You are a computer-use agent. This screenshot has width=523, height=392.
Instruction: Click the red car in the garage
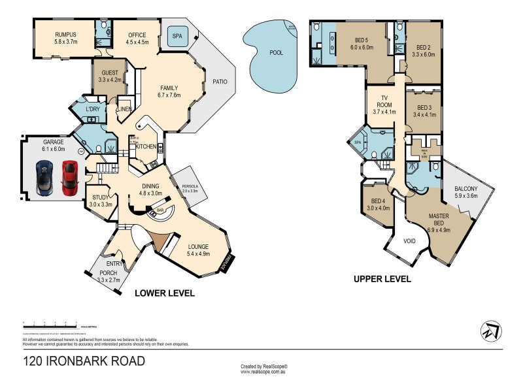pyautogui.click(x=69, y=177)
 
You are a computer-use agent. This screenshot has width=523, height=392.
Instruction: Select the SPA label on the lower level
pyautogui.click(x=177, y=37)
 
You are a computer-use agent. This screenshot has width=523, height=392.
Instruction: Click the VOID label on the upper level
pyautogui.click(x=409, y=241)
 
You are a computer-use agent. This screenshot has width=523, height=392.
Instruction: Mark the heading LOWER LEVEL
pyautogui.click(x=164, y=293)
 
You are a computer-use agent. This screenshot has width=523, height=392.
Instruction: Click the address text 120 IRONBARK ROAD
pyautogui.click(x=84, y=361)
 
